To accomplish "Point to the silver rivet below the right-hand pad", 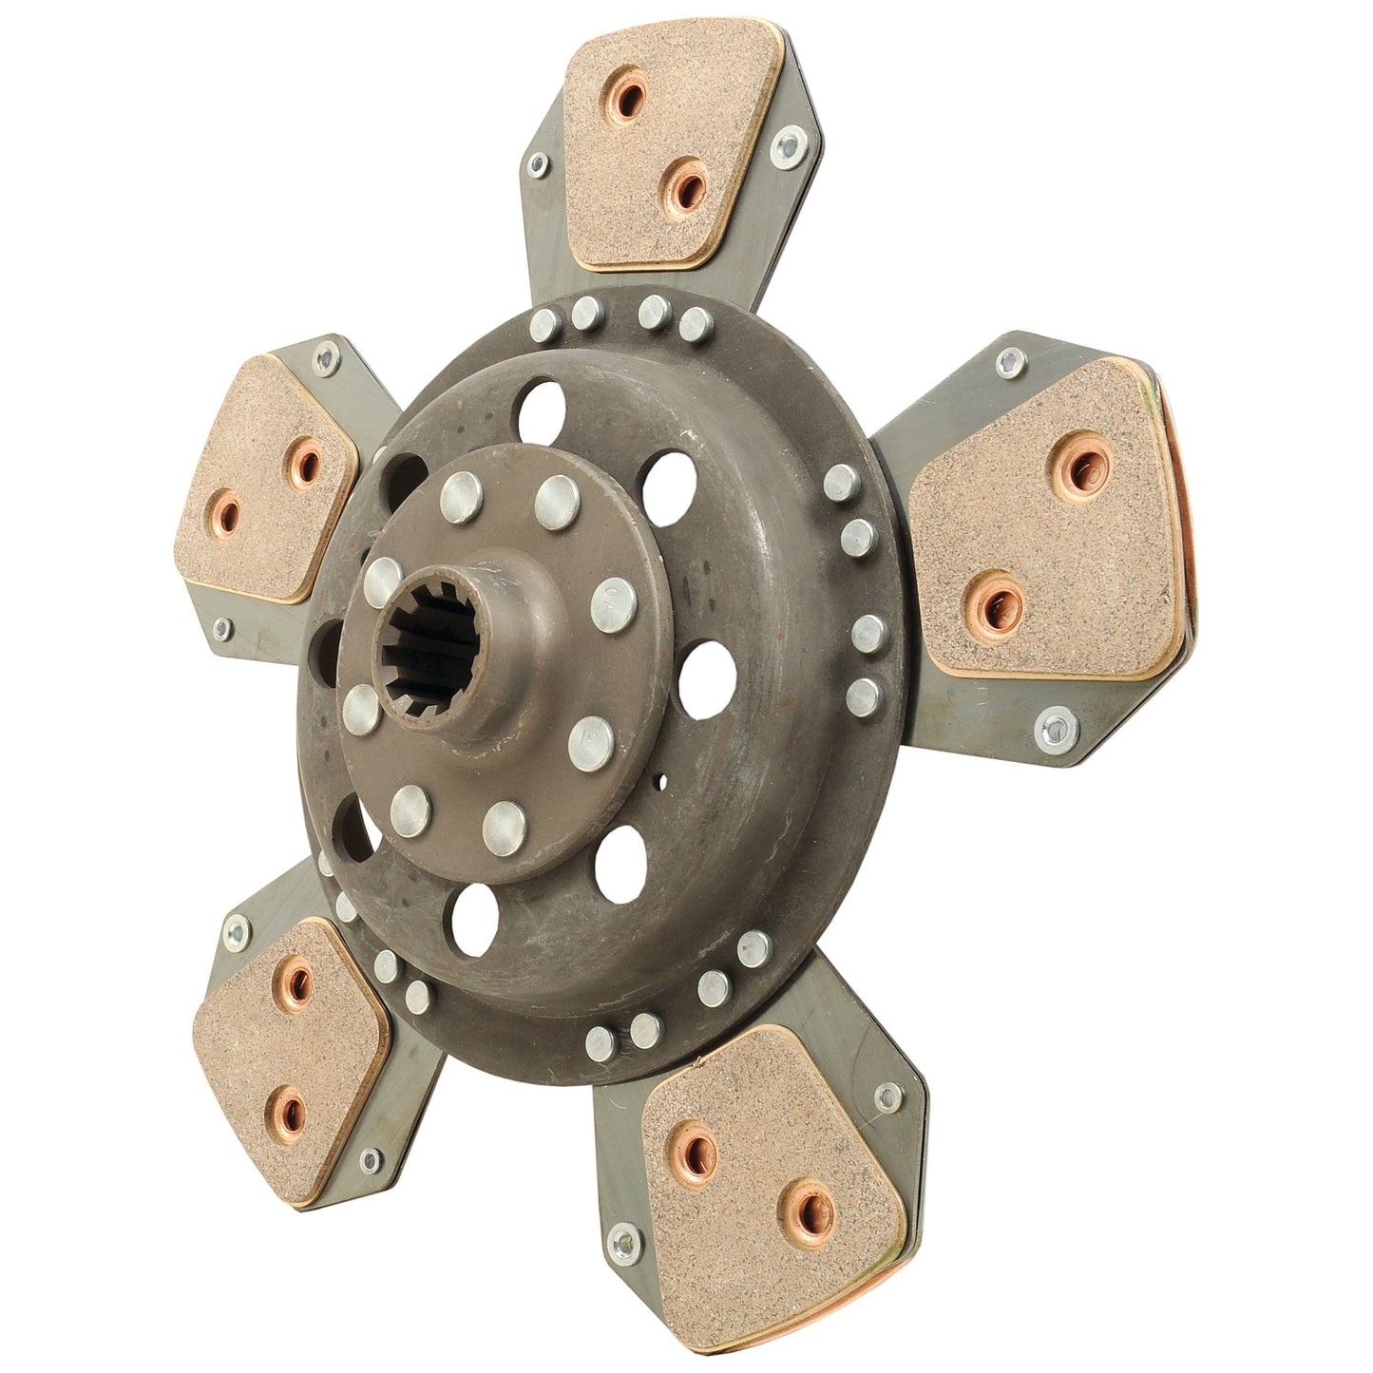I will [x=1054, y=728].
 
